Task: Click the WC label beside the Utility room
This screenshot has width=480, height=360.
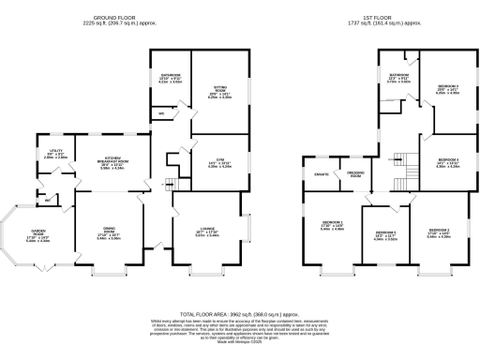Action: click(x=47, y=199)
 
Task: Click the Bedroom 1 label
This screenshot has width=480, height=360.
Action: click(x=332, y=224)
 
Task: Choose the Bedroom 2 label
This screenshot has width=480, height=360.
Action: click(x=439, y=232)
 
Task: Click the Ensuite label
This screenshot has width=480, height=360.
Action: click(x=320, y=174)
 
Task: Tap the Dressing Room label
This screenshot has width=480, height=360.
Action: click(x=355, y=174)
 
